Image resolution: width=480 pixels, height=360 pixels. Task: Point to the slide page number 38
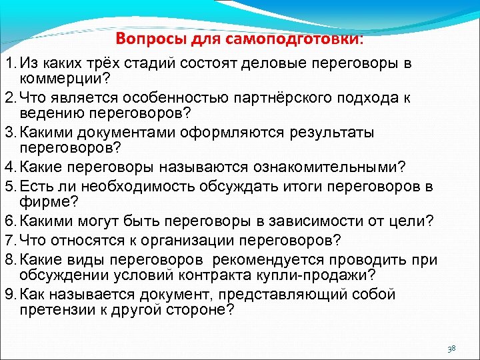(x=451, y=348)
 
